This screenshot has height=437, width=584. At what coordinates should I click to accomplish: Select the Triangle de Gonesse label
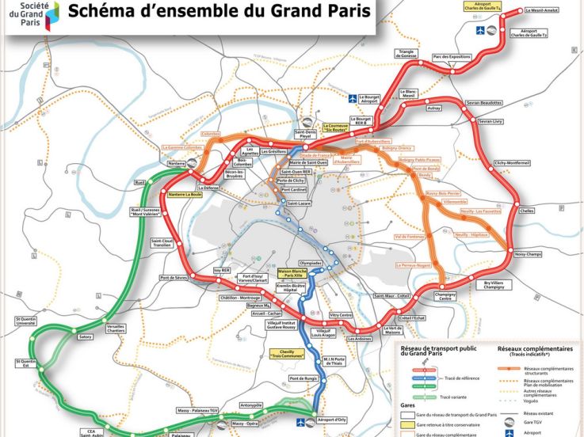[x=410, y=54]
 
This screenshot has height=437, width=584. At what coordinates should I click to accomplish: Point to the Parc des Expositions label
[x=452, y=57]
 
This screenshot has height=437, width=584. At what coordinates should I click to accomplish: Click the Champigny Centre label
[x=445, y=297]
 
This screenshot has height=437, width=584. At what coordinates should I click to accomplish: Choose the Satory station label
[x=85, y=336]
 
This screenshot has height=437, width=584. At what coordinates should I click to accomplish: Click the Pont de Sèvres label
[x=173, y=278]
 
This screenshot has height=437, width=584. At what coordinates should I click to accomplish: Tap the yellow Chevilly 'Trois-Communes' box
[x=283, y=355]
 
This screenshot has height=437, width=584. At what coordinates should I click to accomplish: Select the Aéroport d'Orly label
[x=331, y=419]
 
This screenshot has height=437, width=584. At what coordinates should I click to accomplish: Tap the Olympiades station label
[x=311, y=262]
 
